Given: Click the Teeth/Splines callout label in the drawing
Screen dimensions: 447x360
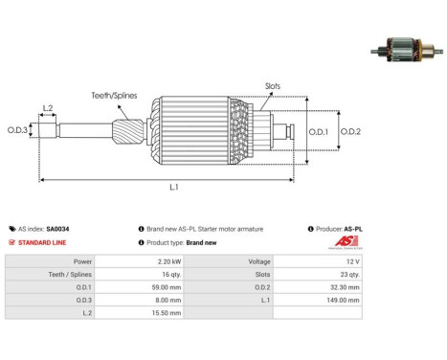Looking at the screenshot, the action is point(114,96).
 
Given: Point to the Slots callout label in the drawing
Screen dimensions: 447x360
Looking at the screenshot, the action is point(273,86).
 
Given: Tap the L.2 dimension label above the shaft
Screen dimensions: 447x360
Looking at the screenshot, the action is point(48,108).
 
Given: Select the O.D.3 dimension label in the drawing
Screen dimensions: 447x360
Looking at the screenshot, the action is point(17,130).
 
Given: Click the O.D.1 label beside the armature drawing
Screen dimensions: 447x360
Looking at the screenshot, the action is point(318,132).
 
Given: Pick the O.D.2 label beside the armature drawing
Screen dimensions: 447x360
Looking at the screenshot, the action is point(350,131).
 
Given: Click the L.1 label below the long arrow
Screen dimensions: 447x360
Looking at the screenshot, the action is point(174,187).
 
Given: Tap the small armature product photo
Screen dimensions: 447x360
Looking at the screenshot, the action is point(407,50).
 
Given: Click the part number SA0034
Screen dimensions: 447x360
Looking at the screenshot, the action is point(57,229).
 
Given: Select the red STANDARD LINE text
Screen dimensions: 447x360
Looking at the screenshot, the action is point(42,242).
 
